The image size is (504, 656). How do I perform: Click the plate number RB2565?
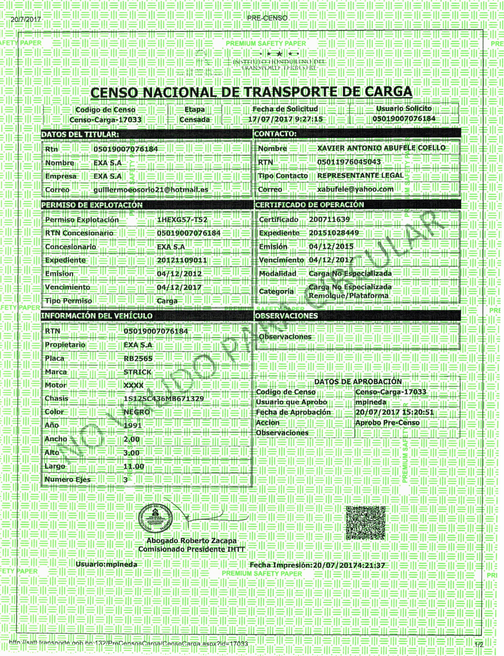click(138, 358)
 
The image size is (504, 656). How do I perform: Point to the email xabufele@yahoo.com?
click(355, 189)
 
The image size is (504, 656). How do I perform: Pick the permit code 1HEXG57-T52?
click(182, 220)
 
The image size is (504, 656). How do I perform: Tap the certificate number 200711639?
click(329, 219)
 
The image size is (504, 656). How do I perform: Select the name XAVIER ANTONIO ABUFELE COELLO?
click(381, 148)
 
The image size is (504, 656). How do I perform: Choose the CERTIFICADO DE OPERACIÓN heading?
click(309, 205)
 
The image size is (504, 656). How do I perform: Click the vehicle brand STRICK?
click(137, 372)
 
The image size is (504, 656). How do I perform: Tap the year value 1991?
click(133, 425)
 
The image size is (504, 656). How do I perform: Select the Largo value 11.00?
click(133, 466)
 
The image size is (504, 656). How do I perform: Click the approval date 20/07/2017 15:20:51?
click(394, 412)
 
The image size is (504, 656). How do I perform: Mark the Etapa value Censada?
click(194, 120)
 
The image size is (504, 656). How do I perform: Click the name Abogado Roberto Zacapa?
click(191, 541)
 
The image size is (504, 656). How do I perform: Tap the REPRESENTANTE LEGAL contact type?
click(360, 175)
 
